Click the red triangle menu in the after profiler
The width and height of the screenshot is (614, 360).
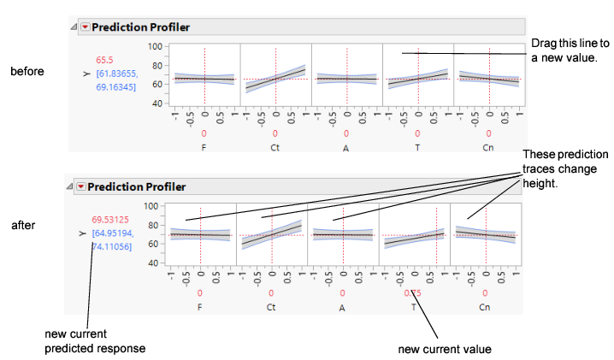point(81,186)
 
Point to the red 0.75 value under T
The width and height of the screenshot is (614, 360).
point(412,292)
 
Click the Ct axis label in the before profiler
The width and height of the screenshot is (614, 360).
point(275,147)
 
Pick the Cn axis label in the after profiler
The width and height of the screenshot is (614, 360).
point(484,307)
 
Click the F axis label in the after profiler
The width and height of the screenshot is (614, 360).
point(199,307)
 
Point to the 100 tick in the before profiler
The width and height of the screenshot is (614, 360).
point(155,46)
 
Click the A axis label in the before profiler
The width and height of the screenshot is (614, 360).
point(346,147)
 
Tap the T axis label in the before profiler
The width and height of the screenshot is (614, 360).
point(417,147)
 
